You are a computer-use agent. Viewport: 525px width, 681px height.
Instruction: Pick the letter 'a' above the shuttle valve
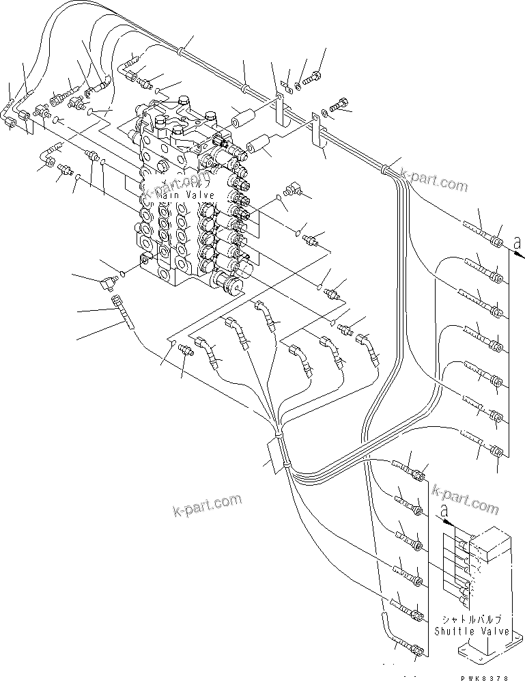click(x=445, y=510)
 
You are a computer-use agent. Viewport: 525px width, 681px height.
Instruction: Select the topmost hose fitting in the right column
click(x=498, y=242)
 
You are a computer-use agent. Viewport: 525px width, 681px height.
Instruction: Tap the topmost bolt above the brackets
click(x=316, y=77)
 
